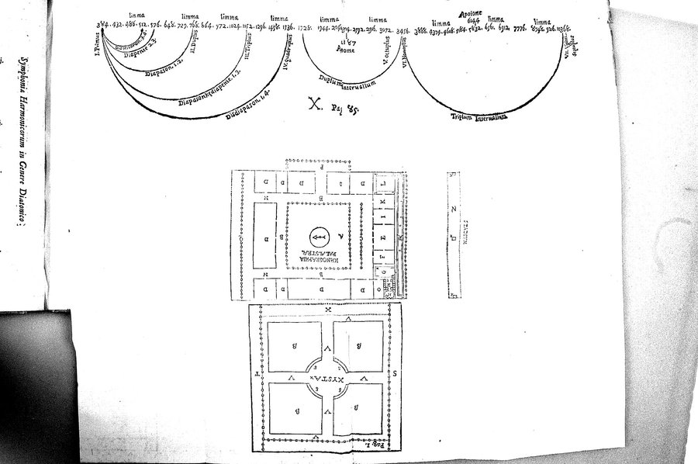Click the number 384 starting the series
tap(101, 26)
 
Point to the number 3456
tap(403, 30)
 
